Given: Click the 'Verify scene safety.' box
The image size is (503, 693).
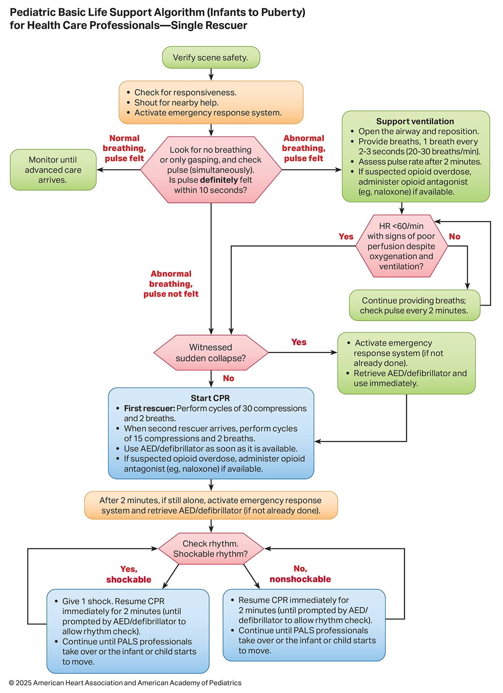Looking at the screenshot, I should [211, 57].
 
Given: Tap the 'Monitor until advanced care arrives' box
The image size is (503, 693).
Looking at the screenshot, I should [53, 170].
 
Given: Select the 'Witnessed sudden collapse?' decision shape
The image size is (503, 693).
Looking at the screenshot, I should [211, 352].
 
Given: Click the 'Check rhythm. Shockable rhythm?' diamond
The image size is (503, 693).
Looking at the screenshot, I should [211, 548].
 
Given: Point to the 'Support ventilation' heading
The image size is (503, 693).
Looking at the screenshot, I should [415, 121].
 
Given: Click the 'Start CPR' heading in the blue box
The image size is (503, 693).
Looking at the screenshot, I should [210, 398].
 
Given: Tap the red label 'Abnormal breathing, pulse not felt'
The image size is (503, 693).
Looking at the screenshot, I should [171, 284].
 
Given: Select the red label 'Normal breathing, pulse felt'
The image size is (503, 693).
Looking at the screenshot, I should [124, 148].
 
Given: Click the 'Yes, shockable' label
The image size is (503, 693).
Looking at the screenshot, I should [129, 574].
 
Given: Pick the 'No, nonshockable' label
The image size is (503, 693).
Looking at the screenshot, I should [300, 574].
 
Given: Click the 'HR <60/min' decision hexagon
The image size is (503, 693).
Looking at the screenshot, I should [401, 246].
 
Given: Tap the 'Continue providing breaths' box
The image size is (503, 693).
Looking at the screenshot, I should [414, 305].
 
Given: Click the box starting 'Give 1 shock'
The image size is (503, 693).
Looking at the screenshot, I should [128, 631].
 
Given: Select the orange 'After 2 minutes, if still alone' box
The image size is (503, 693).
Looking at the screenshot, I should [211, 505].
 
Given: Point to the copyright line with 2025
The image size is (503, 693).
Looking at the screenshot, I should [125, 683].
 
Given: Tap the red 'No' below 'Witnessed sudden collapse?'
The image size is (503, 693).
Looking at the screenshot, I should [228, 378].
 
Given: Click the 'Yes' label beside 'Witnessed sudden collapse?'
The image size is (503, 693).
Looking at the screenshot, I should [299, 342].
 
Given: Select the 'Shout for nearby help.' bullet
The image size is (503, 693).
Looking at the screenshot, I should [176, 103].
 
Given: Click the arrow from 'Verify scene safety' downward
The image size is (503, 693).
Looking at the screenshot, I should [211, 75].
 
